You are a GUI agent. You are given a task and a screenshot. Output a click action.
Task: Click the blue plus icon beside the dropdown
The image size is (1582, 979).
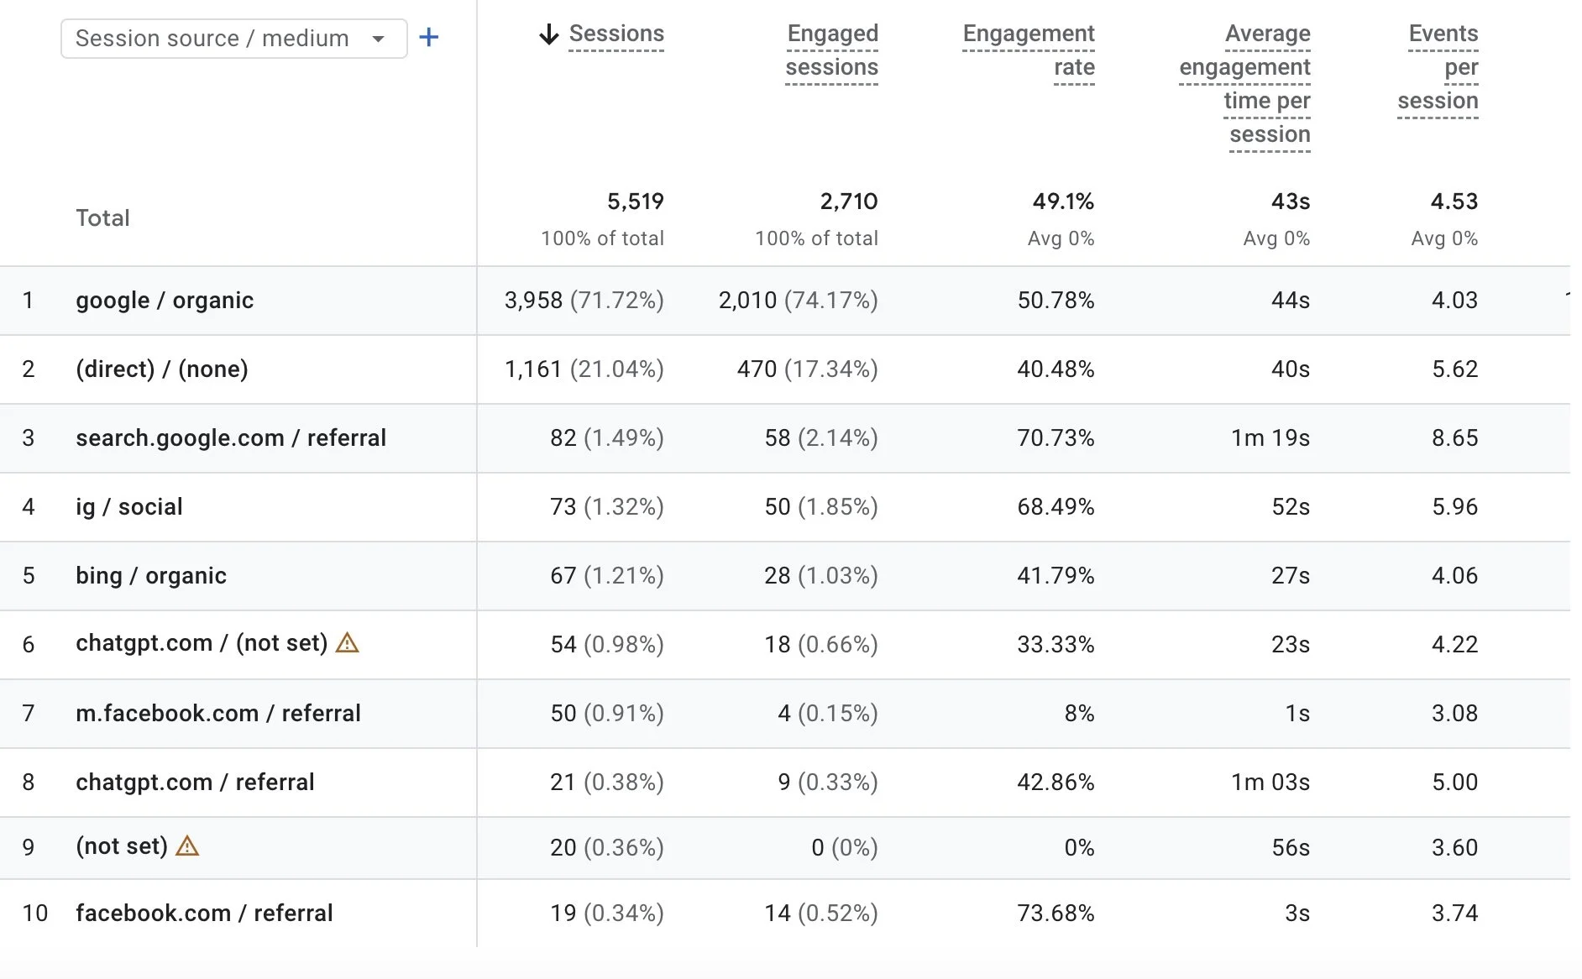coord(428,38)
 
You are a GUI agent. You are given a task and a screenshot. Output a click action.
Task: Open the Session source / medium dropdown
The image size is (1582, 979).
coord(233,39)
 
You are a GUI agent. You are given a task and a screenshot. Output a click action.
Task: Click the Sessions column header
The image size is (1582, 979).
coord(616,34)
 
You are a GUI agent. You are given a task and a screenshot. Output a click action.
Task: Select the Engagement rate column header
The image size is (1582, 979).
coord(1029,50)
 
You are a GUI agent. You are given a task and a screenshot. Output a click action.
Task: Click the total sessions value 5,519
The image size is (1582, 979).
coord(635,202)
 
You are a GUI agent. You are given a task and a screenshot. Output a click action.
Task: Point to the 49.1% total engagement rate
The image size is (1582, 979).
coord(1063,202)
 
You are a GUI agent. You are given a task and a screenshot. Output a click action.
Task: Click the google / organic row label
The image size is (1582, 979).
coord(165,301)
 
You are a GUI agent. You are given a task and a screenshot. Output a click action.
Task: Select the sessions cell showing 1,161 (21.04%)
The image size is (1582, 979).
coord(584,369)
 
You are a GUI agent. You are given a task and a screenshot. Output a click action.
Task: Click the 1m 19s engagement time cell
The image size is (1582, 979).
coord(1270,438)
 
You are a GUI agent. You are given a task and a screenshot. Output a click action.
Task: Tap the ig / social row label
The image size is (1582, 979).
coord(129,507)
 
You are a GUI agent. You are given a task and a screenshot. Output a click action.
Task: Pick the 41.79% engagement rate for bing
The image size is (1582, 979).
coord(1056,576)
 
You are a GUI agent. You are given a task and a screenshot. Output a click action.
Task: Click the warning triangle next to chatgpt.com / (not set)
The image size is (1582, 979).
coord(347,643)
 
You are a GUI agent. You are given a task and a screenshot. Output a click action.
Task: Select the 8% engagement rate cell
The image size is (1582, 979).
coord(1079,714)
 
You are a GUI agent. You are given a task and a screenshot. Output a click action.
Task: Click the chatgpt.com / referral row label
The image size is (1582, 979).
coord(195,783)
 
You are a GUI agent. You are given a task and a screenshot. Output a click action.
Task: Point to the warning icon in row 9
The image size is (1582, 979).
coord(187,846)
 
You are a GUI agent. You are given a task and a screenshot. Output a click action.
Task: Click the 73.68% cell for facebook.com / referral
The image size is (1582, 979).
coord(1056,914)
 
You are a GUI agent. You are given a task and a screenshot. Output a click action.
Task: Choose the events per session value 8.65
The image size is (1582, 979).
coord(1454,438)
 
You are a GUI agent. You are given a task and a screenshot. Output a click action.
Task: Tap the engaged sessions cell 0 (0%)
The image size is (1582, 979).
coord(844,848)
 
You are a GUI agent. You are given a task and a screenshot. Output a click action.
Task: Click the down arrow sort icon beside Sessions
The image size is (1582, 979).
coord(548,34)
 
